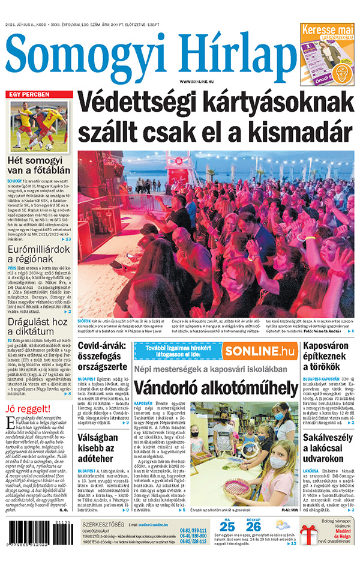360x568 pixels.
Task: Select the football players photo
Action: [x=40, y=125]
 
